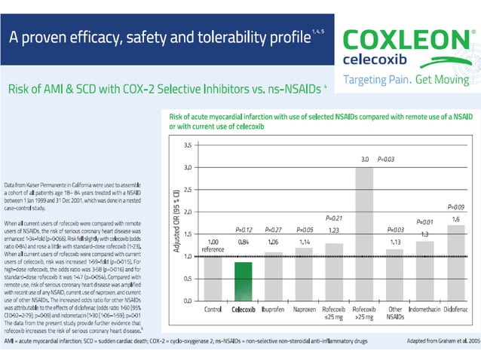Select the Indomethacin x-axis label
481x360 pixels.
pyautogui.click(x=425, y=309)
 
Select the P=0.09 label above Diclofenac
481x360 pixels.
pyautogui.click(x=456, y=206)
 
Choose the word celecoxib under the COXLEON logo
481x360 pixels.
pyautogui.click(x=382, y=58)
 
